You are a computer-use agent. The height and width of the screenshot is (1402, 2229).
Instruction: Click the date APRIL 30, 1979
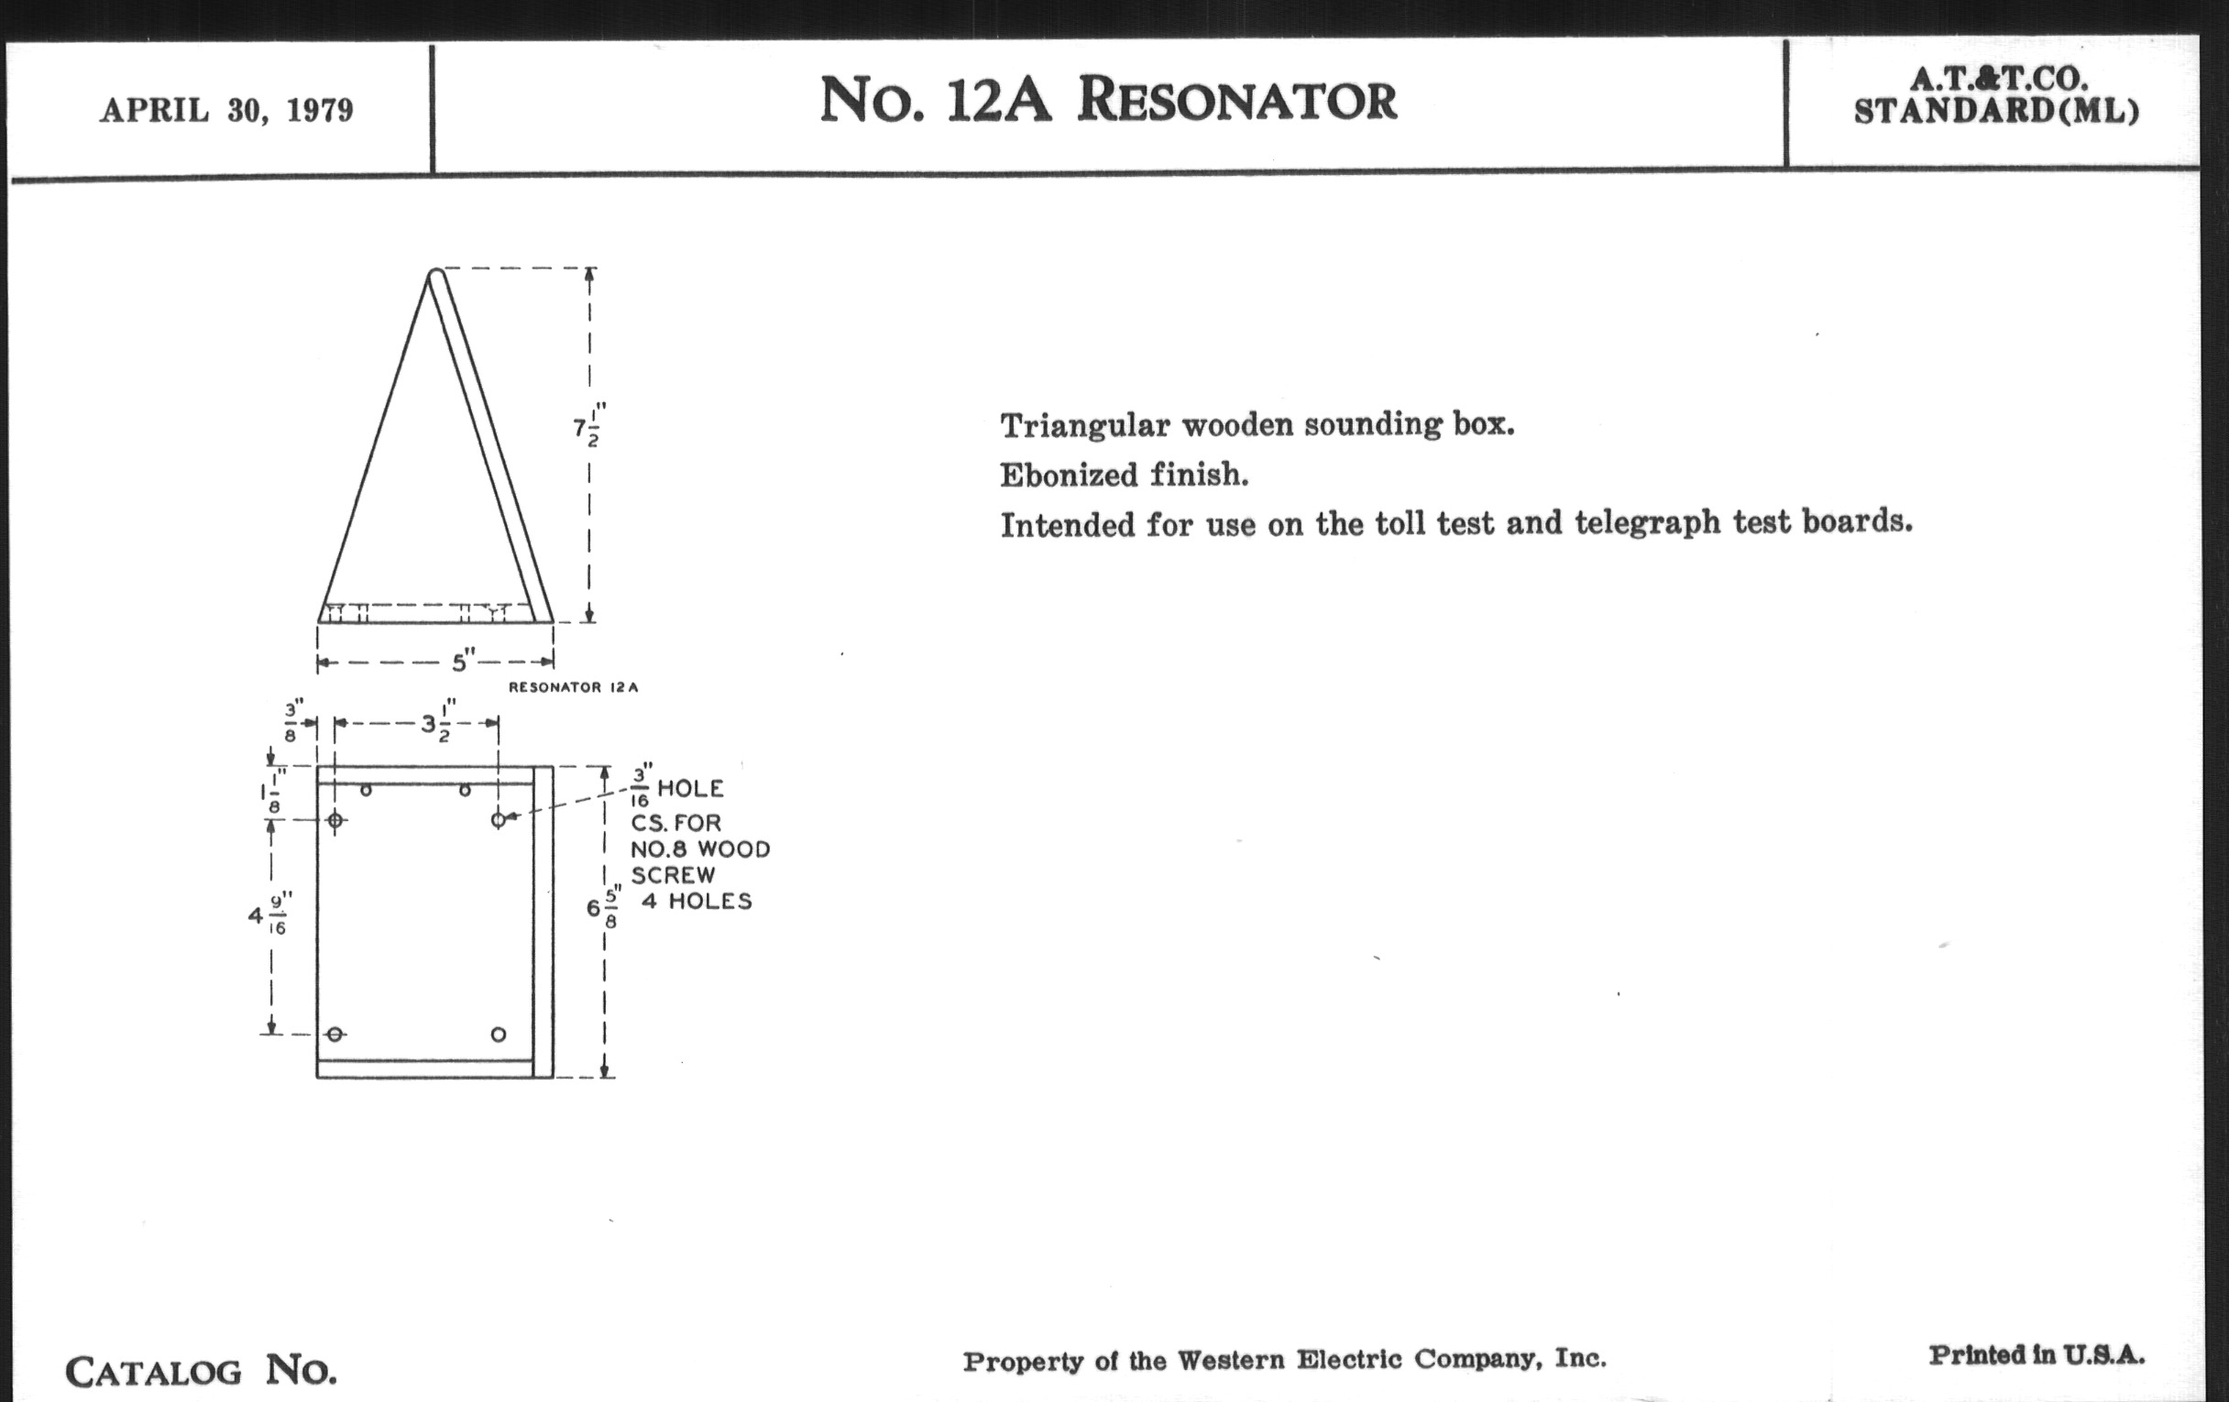click(x=226, y=110)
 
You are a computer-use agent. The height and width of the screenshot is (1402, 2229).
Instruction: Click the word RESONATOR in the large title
click(x=1236, y=99)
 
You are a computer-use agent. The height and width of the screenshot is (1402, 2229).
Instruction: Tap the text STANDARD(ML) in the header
click(x=1995, y=111)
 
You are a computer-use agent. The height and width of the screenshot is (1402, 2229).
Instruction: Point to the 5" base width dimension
click(x=463, y=662)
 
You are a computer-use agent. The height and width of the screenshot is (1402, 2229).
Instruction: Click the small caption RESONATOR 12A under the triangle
click(x=573, y=687)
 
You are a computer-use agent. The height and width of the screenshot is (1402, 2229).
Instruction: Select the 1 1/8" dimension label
click(x=272, y=791)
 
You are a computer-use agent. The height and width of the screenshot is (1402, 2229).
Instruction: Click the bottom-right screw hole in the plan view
click(x=498, y=1034)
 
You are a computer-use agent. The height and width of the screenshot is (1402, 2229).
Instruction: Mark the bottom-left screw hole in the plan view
click(x=335, y=1034)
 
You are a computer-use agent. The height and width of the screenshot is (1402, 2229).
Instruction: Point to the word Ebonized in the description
click(x=1070, y=476)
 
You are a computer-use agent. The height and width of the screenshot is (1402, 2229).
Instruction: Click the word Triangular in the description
click(x=1083, y=427)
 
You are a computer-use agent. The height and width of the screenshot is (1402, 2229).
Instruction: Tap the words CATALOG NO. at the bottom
click(x=201, y=1370)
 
